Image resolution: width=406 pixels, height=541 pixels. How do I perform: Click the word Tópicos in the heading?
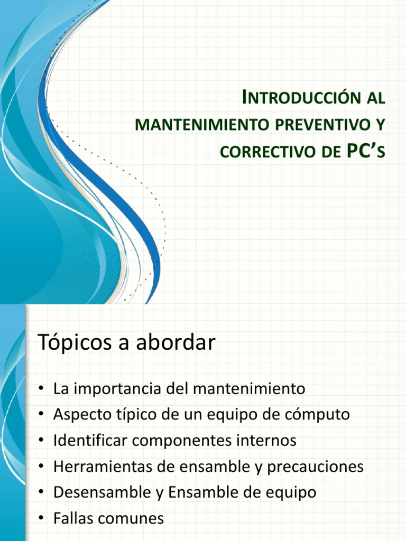coord(73,343)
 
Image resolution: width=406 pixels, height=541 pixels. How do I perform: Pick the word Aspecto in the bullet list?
coord(80,415)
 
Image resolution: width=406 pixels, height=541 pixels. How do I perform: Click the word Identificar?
coord(88,441)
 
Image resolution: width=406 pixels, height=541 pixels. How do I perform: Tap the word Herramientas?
coord(96,467)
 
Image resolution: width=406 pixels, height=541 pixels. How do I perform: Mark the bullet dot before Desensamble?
coord(41,493)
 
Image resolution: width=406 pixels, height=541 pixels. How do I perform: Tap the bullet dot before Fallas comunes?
coord(41,519)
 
